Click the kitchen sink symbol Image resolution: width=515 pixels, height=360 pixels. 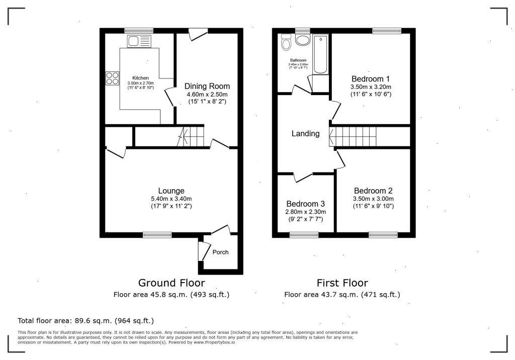[x=139, y=41]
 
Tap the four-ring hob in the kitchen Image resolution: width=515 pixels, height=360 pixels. [x=112, y=78]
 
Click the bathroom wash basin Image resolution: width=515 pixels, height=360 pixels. [x=302, y=40]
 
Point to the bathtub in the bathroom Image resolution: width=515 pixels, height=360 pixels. [x=320, y=54]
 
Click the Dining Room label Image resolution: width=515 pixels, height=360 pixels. [x=207, y=86]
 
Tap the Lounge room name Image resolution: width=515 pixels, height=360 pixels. [x=171, y=191]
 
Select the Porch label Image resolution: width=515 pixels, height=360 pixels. [x=220, y=252]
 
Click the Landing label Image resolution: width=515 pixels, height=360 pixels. [x=305, y=133]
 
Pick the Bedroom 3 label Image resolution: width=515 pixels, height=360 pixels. [x=305, y=204]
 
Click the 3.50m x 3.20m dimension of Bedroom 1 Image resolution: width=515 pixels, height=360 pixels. [x=371, y=87]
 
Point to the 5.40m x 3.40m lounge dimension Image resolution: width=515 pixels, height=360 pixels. [x=171, y=199]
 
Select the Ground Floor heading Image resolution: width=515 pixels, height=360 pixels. [x=171, y=283]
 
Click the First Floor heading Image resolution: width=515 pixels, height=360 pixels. [x=342, y=283]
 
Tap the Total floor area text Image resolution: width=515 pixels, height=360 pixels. [x=85, y=321]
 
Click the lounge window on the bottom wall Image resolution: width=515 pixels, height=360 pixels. [x=157, y=234]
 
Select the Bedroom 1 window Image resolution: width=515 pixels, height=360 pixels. [x=387, y=31]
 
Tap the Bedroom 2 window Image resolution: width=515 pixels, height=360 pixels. [x=383, y=234]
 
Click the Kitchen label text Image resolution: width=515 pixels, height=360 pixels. [x=141, y=78]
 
